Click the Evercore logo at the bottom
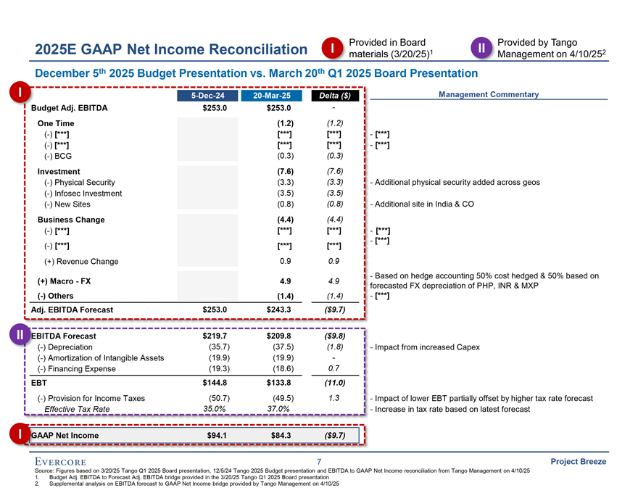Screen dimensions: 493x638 pos(60,462)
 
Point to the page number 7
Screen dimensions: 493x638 pos(319,462)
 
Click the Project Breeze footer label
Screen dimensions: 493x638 pos(579,462)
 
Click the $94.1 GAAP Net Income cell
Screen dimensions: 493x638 pos(217,435)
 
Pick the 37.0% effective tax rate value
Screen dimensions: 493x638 pos(278,409)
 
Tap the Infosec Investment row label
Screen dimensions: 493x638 pos(83,194)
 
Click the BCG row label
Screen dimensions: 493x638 pos(58,156)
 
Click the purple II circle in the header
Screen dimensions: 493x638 pos(482,48)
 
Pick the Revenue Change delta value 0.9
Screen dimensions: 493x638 pos(334,262)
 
